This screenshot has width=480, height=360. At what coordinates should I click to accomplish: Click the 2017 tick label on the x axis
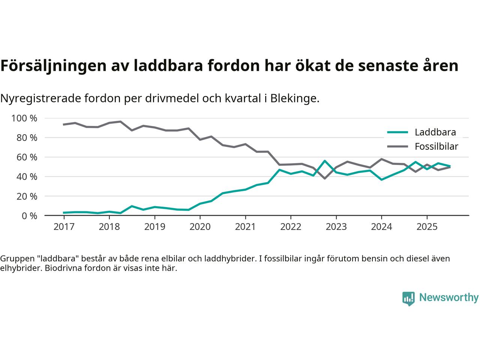click(x=64, y=227)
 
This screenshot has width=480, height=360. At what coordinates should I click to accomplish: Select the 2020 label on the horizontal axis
click(x=200, y=227)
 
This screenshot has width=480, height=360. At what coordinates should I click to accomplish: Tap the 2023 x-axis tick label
click(x=336, y=227)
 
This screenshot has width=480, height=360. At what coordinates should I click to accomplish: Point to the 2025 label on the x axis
click(x=427, y=227)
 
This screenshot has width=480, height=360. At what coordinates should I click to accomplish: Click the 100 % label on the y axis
click(x=24, y=118)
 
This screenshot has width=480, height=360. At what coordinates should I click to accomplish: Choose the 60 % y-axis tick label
click(x=27, y=157)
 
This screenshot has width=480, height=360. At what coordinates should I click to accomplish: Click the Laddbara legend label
click(x=435, y=132)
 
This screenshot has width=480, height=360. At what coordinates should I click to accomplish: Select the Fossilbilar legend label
click(x=436, y=146)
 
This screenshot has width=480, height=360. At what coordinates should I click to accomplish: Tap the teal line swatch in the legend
click(x=397, y=132)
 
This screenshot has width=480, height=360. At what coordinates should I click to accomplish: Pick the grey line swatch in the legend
click(x=397, y=146)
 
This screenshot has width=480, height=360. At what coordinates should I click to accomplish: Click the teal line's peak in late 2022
click(x=325, y=161)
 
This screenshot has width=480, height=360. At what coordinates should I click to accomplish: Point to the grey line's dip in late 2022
click(x=325, y=178)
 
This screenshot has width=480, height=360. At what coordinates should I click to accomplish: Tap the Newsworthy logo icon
click(x=408, y=298)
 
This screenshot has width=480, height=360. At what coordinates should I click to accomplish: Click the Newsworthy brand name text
click(x=448, y=298)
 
